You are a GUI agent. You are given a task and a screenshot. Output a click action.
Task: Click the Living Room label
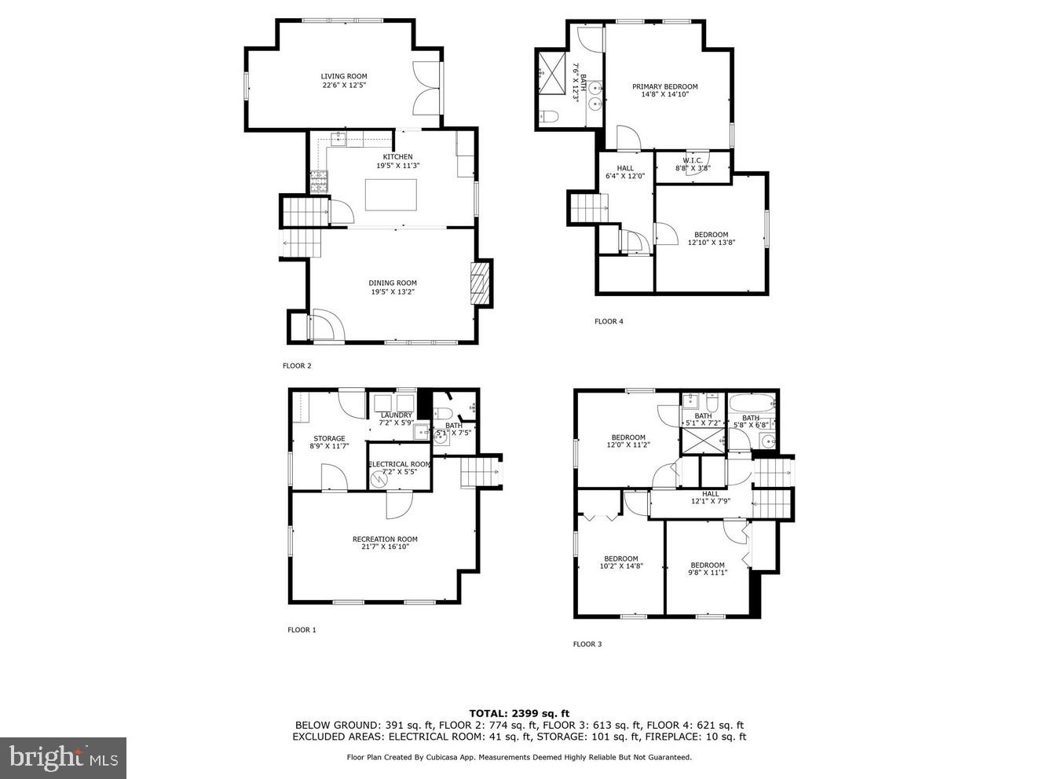344,76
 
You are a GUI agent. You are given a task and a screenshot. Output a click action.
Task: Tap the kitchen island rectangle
391,195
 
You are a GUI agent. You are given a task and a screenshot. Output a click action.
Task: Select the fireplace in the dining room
479,283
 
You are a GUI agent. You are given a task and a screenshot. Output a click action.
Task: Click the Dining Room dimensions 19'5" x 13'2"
393,292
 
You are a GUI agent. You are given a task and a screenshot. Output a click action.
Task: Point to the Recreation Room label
385,539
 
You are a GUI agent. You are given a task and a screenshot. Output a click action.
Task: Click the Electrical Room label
400,464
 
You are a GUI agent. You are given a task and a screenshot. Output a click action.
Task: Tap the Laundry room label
396,415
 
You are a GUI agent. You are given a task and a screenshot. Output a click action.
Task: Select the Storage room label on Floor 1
329,438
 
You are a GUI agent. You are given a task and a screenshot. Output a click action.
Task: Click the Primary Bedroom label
664,86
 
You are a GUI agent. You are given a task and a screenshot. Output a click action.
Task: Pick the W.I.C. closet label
692,160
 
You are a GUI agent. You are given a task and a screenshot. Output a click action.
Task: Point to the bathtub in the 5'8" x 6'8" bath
751,404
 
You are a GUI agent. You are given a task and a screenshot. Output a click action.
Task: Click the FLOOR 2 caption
297,366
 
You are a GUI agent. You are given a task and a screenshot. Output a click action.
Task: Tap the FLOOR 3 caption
587,644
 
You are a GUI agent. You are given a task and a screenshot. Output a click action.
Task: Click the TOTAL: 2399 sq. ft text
519,713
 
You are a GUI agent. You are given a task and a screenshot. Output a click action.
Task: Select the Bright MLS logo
63,758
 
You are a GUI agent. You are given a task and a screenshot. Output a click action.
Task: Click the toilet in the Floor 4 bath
549,117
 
